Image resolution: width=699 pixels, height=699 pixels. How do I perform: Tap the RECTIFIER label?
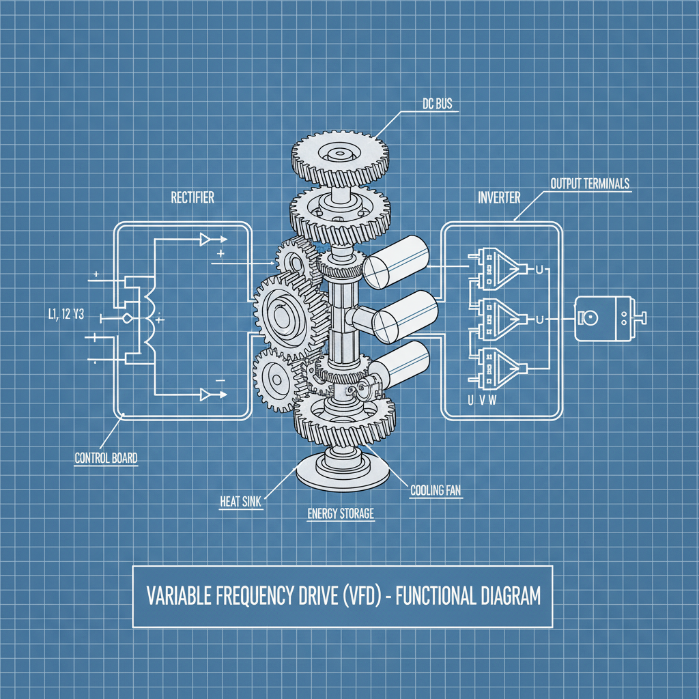(192, 197)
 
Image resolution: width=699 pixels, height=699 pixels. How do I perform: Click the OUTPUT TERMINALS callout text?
(590, 184)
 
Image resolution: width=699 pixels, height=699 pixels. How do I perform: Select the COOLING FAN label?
(436, 489)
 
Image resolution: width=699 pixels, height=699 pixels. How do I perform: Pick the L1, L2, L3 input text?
(67, 315)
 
